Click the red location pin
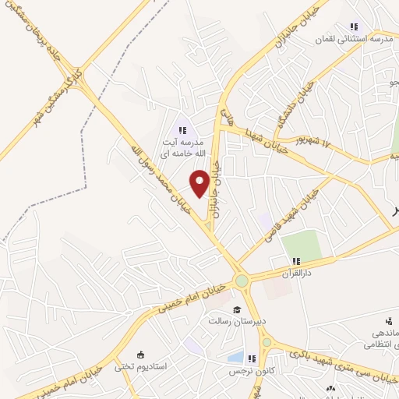199,182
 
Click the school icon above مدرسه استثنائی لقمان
355,26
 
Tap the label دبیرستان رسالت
236,320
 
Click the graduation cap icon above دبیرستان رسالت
236,309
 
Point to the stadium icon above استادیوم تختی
140,355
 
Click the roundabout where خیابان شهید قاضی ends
242,281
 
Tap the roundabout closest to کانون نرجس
267,341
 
